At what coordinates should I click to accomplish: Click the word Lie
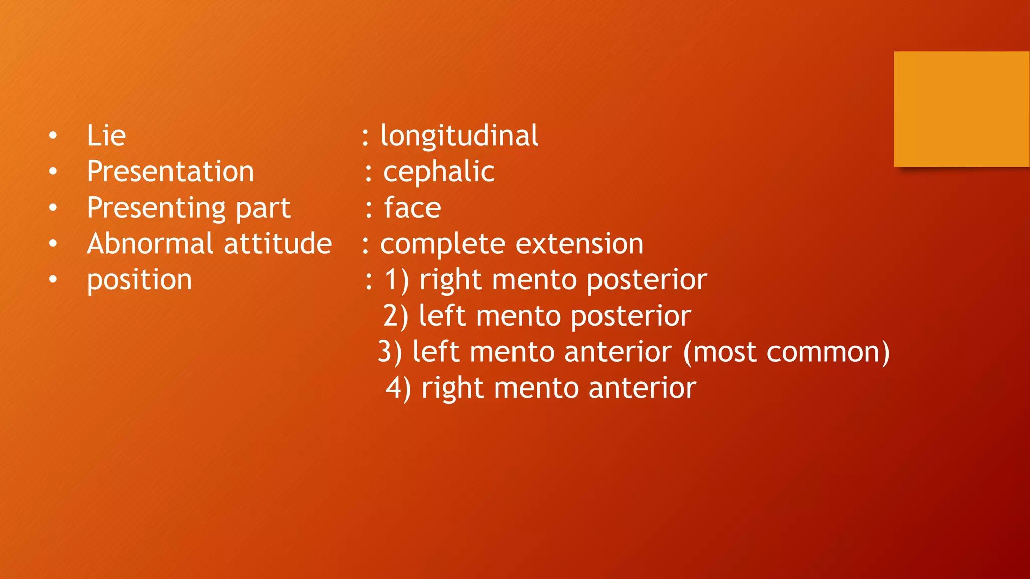point(106,136)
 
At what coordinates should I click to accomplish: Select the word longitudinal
point(459,136)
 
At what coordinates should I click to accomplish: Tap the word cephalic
point(439,172)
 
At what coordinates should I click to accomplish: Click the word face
point(412,208)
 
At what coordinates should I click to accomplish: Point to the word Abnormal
point(150,244)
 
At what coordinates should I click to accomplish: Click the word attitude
point(278,244)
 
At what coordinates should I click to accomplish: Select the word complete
point(443,245)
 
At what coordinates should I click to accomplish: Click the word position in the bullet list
point(139,280)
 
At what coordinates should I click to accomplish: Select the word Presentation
point(170,172)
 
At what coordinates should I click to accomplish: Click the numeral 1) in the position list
point(397,280)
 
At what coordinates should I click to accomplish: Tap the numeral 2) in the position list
point(396,316)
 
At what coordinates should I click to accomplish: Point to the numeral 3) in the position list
point(390,352)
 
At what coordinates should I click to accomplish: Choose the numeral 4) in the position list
point(398,388)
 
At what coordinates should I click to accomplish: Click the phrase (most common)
point(787,352)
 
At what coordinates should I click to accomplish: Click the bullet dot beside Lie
point(53,136)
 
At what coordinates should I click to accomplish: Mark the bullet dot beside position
point(53,280)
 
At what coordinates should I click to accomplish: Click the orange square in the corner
point(962,109)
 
